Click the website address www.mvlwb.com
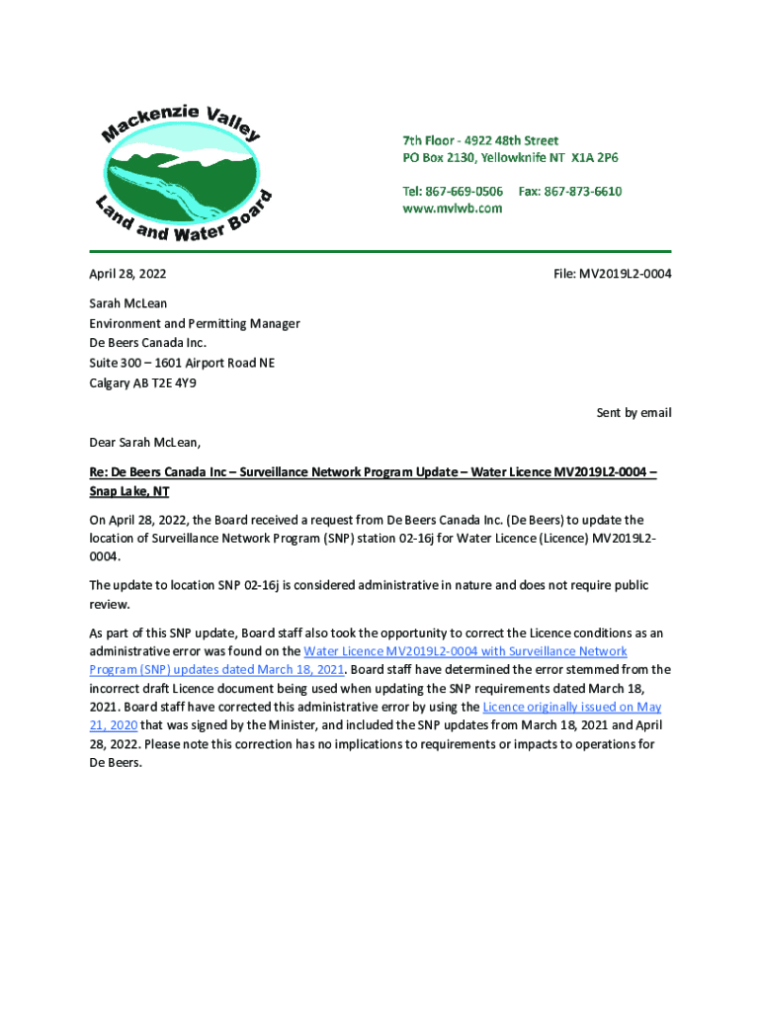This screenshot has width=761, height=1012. coord(452,209)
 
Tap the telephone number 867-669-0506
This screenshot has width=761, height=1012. coord(465,191)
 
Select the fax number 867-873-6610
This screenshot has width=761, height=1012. coord(583,191)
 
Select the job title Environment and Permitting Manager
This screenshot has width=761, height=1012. coord(195,323)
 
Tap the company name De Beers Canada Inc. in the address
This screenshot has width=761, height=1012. coord(148,343)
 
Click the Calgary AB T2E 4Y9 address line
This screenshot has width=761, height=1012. coord(143,382)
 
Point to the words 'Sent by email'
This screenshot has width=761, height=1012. coord(634,412)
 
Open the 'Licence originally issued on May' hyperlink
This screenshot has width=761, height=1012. coord(571,707)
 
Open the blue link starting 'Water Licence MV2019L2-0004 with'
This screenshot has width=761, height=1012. coord(465,651)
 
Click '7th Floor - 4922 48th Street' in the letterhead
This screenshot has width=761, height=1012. coord(480,140)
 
